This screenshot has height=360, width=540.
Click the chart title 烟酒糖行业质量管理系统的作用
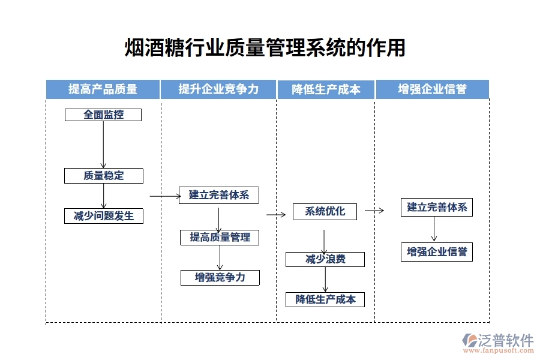pos(265,48)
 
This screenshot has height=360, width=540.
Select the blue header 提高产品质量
pos(103,89)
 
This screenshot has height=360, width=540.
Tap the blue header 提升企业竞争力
pos(218,89)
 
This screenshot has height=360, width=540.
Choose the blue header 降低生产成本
pos(326,89)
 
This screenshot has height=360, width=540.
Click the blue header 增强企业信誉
pos(432,89)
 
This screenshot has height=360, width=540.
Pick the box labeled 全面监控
pos(103,115)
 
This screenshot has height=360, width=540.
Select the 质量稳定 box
pos(104,176)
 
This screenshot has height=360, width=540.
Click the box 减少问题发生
pos(104,216)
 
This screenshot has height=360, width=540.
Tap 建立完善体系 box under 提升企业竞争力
pos(219,195)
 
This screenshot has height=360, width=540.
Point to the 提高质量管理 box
pos(220,237)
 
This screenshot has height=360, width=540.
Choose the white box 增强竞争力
pos(220,277)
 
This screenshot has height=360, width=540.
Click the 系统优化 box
pos(325,211)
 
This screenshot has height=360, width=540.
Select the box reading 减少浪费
pos(325,259)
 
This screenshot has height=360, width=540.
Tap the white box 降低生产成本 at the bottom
pos(325,299)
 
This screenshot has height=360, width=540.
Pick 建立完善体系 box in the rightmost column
pos(437,208)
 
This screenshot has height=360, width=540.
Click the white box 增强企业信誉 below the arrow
pos(437,252)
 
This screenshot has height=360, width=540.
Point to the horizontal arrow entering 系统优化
pos(276,214)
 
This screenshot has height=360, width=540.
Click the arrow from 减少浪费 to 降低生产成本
pos(325,279)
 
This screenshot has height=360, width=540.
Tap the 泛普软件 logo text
pos(505,340)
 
